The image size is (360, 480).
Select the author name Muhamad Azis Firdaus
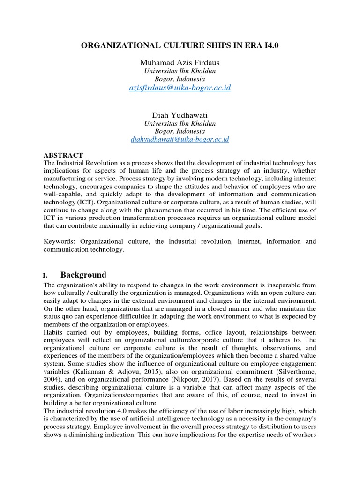180,62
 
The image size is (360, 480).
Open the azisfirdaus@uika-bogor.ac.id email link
180,88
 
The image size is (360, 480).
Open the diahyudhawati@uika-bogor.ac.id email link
180,139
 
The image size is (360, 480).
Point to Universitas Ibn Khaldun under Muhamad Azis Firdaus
180,71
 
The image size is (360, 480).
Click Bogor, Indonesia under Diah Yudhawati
180,131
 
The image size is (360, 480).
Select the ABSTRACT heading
63,155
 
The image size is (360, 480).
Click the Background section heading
83,275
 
